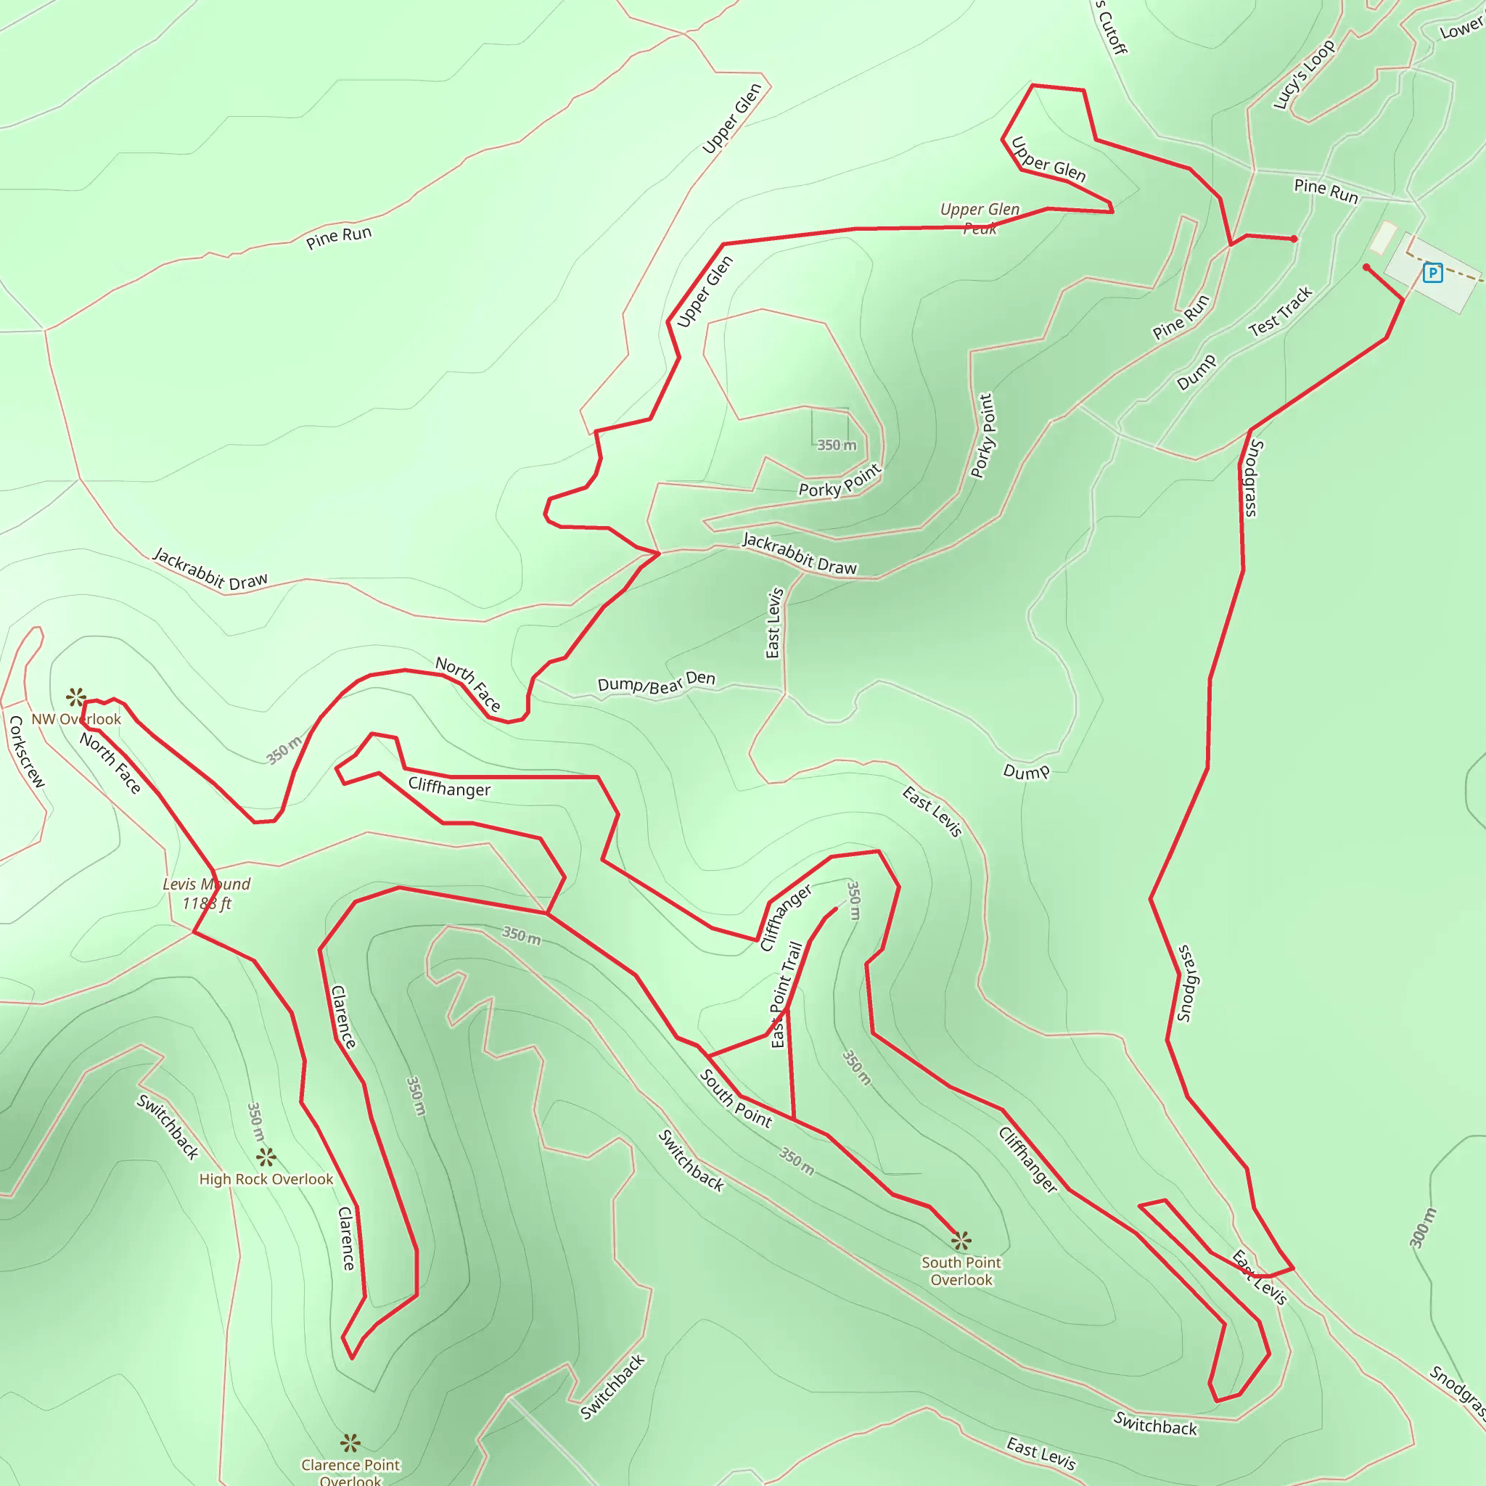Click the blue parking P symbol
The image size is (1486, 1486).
pos(1432,272)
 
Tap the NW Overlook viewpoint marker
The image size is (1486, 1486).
pos(75,697)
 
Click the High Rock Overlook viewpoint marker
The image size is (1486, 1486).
pos(266,1157)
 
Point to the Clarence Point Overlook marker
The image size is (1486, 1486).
pos(350,1442)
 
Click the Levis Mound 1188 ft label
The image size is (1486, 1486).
pos(206,894)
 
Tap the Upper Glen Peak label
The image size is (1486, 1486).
pos(980,218)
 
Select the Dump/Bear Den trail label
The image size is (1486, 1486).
pos(656,682)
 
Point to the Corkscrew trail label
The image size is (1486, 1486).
pos(27,752)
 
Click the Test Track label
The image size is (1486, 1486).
pos(1280,311)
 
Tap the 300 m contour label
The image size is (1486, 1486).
pos(1422,1228)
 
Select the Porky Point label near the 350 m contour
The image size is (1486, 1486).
pos(840,482)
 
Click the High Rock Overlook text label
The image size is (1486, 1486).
pos(266,1179)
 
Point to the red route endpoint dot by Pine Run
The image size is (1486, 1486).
pos(1294,239)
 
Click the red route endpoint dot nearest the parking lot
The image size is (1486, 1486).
pos(1366,268)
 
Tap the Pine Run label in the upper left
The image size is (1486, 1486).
pos(338,238)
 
